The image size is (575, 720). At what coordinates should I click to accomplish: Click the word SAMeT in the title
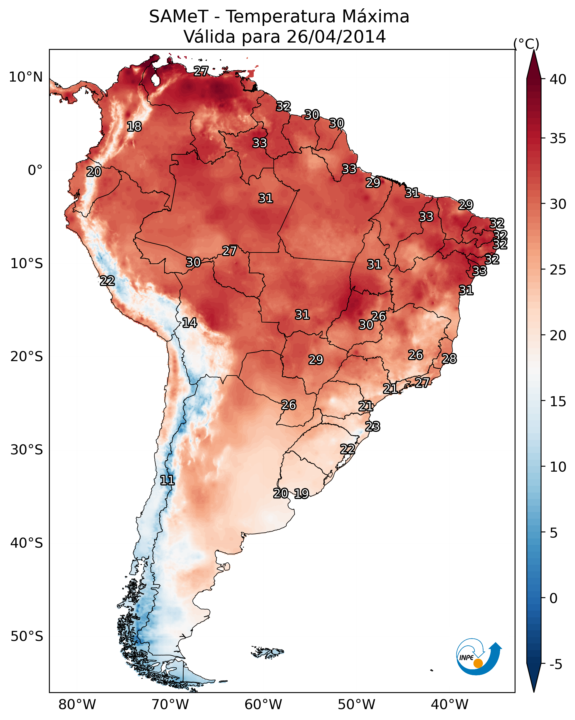(179, 17)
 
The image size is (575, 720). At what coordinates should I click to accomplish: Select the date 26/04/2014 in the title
(336, 37)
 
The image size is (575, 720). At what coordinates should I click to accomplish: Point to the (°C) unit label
(526, 44)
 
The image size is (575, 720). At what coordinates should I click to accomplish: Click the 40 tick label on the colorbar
(558, 79)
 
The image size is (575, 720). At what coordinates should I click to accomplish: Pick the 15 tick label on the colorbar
(558, 401)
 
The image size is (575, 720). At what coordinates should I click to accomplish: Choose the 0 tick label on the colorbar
(553, 598)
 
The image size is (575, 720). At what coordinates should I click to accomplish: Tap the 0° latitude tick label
(35, 170)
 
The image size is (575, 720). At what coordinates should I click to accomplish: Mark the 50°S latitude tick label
(27, 636)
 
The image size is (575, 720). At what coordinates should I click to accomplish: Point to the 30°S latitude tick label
(27, 450)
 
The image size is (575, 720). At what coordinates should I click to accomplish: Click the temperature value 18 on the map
(134, 127)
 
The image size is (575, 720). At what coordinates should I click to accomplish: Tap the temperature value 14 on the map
(189, 323)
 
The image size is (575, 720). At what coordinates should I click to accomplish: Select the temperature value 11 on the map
(167, 480)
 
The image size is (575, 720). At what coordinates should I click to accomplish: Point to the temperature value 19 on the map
(301, 494)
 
